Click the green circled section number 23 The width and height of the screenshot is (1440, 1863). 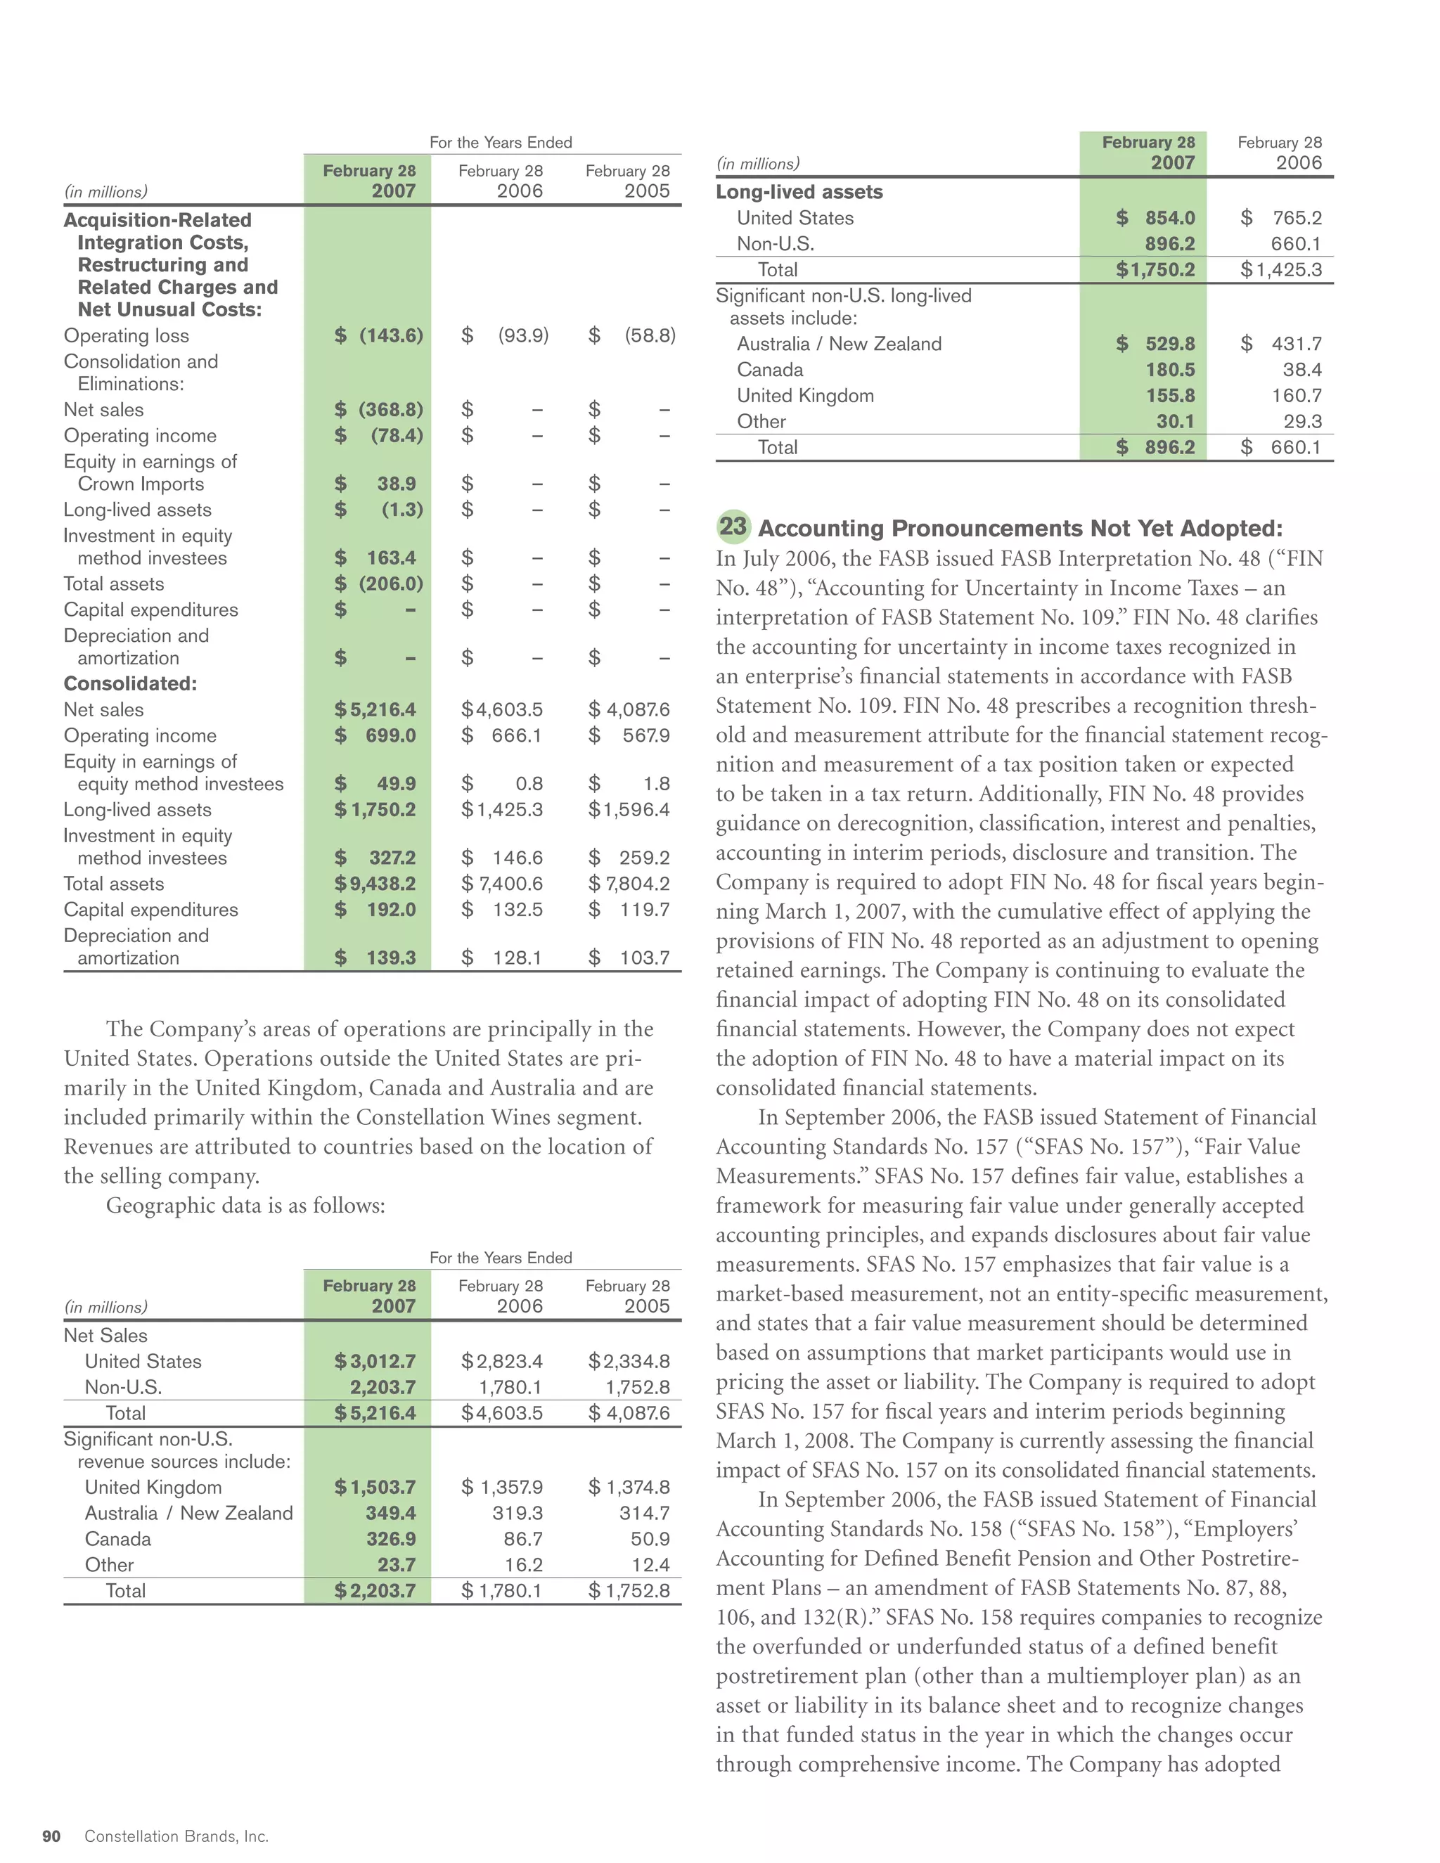click(733, 527)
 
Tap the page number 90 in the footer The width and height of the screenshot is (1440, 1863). click(52, 1836)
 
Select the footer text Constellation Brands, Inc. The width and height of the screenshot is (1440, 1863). click(176, 1836)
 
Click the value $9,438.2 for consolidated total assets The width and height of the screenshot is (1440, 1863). click(375, 884)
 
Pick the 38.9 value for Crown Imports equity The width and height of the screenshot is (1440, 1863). click(397, 484)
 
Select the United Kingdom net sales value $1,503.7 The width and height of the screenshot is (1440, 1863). click(375, 1487)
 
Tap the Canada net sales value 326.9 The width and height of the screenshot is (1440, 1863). click(391, 1539)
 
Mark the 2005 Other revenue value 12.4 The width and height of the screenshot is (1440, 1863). click(651, 1564)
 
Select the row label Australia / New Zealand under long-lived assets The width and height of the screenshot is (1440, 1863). click(839, 344)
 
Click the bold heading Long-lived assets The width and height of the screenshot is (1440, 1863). click(799, 192)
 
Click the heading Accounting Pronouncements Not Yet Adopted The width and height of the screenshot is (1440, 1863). click(1020, 528)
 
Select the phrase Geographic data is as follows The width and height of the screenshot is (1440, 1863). click(245, 1205)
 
